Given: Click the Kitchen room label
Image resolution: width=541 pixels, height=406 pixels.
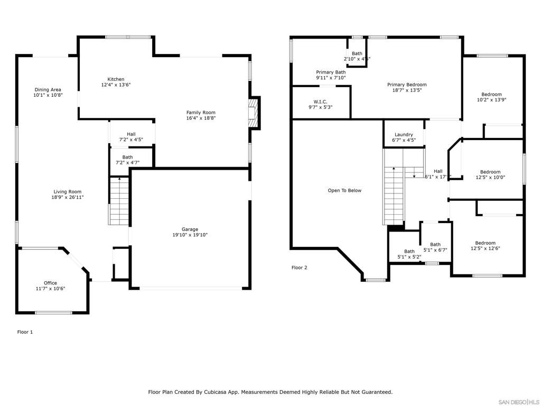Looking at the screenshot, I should point(116,79).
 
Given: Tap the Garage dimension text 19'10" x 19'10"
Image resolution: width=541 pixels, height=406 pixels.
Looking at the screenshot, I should point(190,235).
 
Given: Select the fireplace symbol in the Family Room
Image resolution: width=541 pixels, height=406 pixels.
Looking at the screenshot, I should point(254,113).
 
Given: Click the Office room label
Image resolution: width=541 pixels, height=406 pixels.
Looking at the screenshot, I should point(50,283).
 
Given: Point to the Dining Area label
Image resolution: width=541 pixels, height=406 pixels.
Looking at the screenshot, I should point(48,90).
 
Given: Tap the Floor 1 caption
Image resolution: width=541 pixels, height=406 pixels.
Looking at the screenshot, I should point(25,332).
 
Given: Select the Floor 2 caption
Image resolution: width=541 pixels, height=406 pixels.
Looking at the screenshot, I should point(299,267).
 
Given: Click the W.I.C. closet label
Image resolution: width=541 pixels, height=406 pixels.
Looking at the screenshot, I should point(320,101).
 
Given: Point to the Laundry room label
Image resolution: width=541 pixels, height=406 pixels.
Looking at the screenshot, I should point(404,135).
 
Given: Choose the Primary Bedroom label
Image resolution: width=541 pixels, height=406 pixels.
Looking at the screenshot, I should point(406,85).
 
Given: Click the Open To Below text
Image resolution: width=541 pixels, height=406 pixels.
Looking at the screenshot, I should point(344,190).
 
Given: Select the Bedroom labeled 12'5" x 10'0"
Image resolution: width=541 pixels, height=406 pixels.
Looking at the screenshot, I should point(490,172).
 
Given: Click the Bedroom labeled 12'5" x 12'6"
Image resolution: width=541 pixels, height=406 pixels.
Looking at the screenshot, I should point(485,243).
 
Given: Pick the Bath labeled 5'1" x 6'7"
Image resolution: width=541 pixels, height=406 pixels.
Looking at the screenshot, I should point(435,245).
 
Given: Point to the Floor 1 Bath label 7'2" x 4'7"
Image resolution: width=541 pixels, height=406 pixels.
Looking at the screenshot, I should point(127,157).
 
